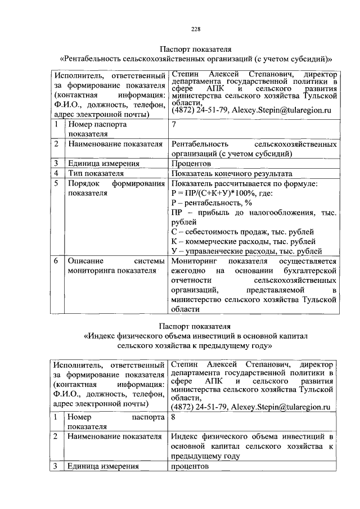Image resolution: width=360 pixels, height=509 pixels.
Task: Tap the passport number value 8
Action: [173, 418]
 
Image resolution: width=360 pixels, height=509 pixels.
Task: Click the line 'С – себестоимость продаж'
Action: [242, 231]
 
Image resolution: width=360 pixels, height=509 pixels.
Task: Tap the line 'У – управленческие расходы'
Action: [246, 251]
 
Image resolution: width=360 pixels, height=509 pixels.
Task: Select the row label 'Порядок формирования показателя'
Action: [115, 188]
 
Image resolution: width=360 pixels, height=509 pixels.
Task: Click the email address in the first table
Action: [282, 111]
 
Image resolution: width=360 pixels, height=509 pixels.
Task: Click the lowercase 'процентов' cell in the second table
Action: [190, 467]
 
